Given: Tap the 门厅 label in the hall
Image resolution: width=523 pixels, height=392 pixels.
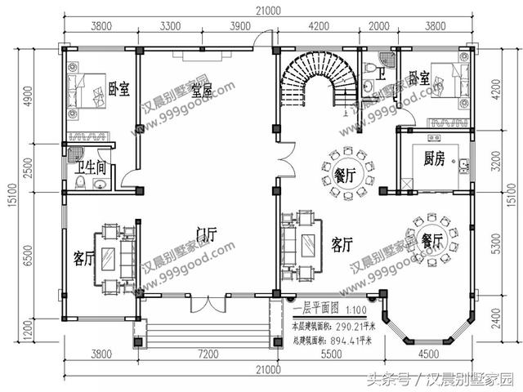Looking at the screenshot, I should pos(205,235).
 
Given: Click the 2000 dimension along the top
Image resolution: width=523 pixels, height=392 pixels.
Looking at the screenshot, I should pos(380,26).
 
